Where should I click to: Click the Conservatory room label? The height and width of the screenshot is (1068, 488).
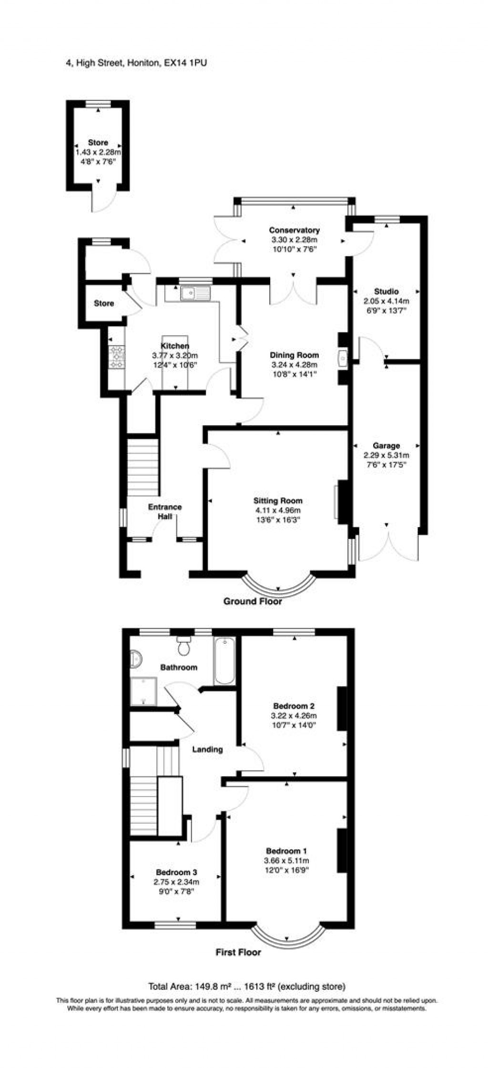pos(294,230)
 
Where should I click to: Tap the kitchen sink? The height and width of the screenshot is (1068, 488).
pos(195,293)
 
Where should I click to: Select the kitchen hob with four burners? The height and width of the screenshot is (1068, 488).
pos(117,357)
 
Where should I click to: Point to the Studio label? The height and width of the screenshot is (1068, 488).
pos(386,291)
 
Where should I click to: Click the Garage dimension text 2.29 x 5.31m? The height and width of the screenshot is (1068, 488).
pos(386,455)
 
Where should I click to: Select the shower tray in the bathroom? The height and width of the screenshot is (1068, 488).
pos(143,691)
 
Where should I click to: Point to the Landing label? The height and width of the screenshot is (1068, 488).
pos(207,749)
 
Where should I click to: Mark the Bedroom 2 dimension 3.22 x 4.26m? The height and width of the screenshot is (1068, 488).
pos(294,716)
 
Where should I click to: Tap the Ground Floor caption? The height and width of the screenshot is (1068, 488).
pos(253,601)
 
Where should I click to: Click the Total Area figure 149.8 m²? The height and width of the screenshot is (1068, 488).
pos(212,987)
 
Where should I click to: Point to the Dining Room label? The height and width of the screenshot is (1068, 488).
pos(294,355)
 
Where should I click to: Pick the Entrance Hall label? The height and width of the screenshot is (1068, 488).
pos(165,511)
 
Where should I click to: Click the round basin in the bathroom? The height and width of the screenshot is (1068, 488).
pos(136,659)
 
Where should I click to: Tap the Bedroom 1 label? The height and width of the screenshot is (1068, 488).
pos(286,851)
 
